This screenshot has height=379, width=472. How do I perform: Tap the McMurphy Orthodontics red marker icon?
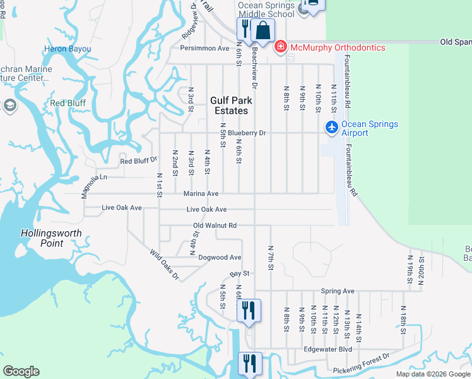tap(280, 47)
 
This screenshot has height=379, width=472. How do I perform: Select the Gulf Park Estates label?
tap(231, 105)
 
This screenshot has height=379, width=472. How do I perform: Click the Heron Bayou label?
tap(68, 49)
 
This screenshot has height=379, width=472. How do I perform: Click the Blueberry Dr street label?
tap(247, 133)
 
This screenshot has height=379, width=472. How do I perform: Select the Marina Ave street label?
tap(201, 193)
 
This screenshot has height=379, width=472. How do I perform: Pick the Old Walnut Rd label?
tap(215, 225)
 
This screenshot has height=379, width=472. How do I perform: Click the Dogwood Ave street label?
tap(220, 258)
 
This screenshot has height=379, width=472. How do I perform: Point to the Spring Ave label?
tap(338, 291)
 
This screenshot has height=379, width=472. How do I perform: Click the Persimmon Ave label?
tap(204, 48)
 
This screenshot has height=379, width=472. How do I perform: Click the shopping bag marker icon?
tap(263, 30)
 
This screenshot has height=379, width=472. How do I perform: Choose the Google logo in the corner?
tap(21, 371)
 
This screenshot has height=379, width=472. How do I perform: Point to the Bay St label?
tap(240, 274)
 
